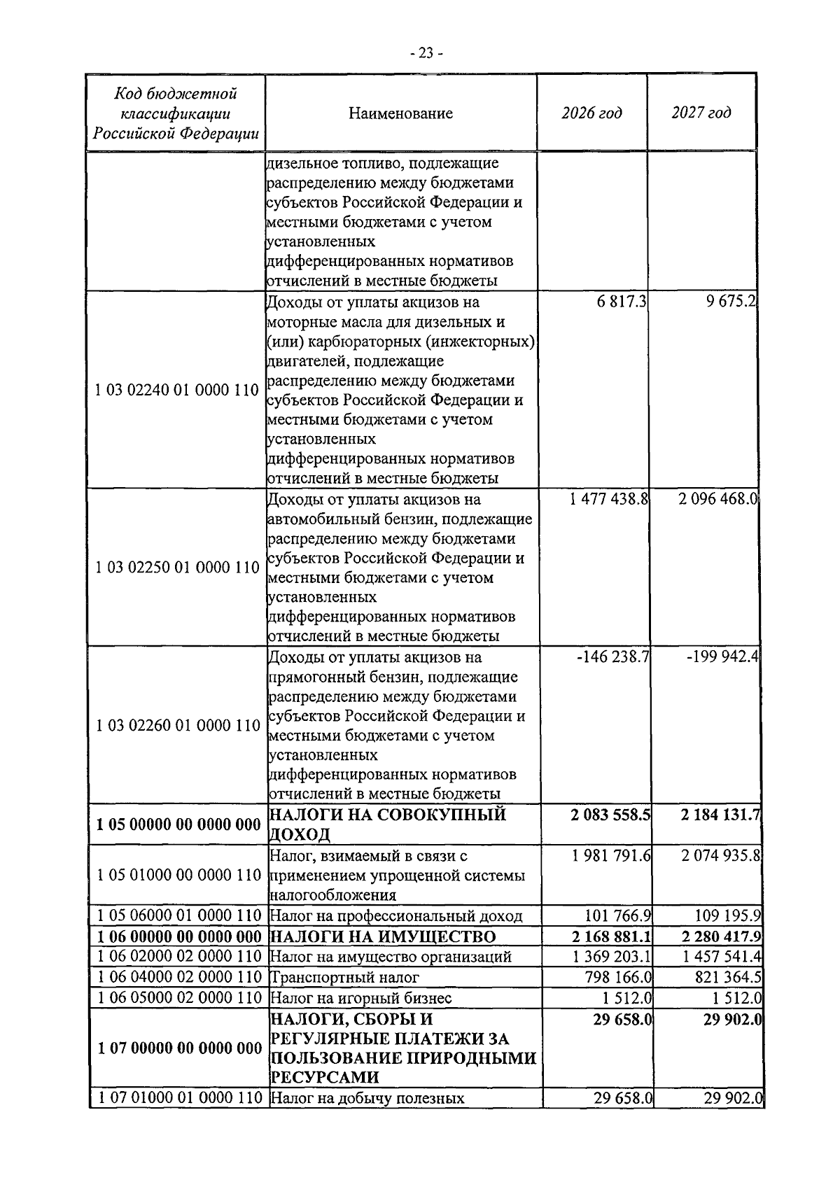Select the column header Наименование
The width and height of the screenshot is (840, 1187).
pos(400,113)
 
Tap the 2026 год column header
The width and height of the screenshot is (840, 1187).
pos(591,113)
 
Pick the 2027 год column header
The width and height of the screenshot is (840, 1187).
pos(701,113)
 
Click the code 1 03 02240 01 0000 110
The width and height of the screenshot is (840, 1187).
pos(177,391)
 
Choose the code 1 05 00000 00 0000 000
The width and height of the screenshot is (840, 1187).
pos(177,824)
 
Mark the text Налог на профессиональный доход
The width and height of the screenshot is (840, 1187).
pos(396,916)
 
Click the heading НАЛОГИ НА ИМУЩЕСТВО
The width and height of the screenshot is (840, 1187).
pos(383,936)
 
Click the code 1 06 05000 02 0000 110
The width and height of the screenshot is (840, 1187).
pos(177,997)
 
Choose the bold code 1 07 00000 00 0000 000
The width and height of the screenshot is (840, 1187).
pos(177,1048)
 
